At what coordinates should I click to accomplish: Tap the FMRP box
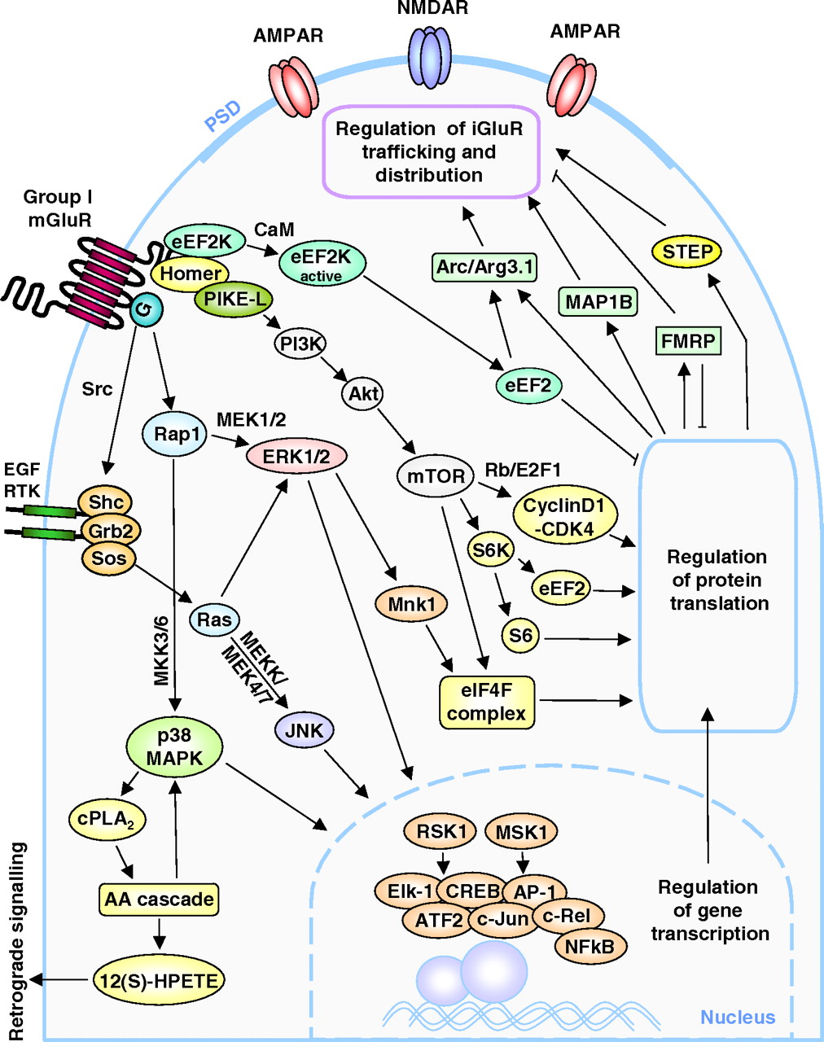tap(688, 340)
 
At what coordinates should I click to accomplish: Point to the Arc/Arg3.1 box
tap(485, 266)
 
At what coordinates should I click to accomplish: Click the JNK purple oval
tap(305, 730)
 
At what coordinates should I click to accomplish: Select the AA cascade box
tap(160, 900)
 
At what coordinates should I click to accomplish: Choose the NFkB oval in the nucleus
tap(590, 947)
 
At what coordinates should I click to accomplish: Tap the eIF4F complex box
tap(487, 703)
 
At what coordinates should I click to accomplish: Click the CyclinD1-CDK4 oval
tap(564, 517)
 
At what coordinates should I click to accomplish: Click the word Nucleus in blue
tap(738, 1017)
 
